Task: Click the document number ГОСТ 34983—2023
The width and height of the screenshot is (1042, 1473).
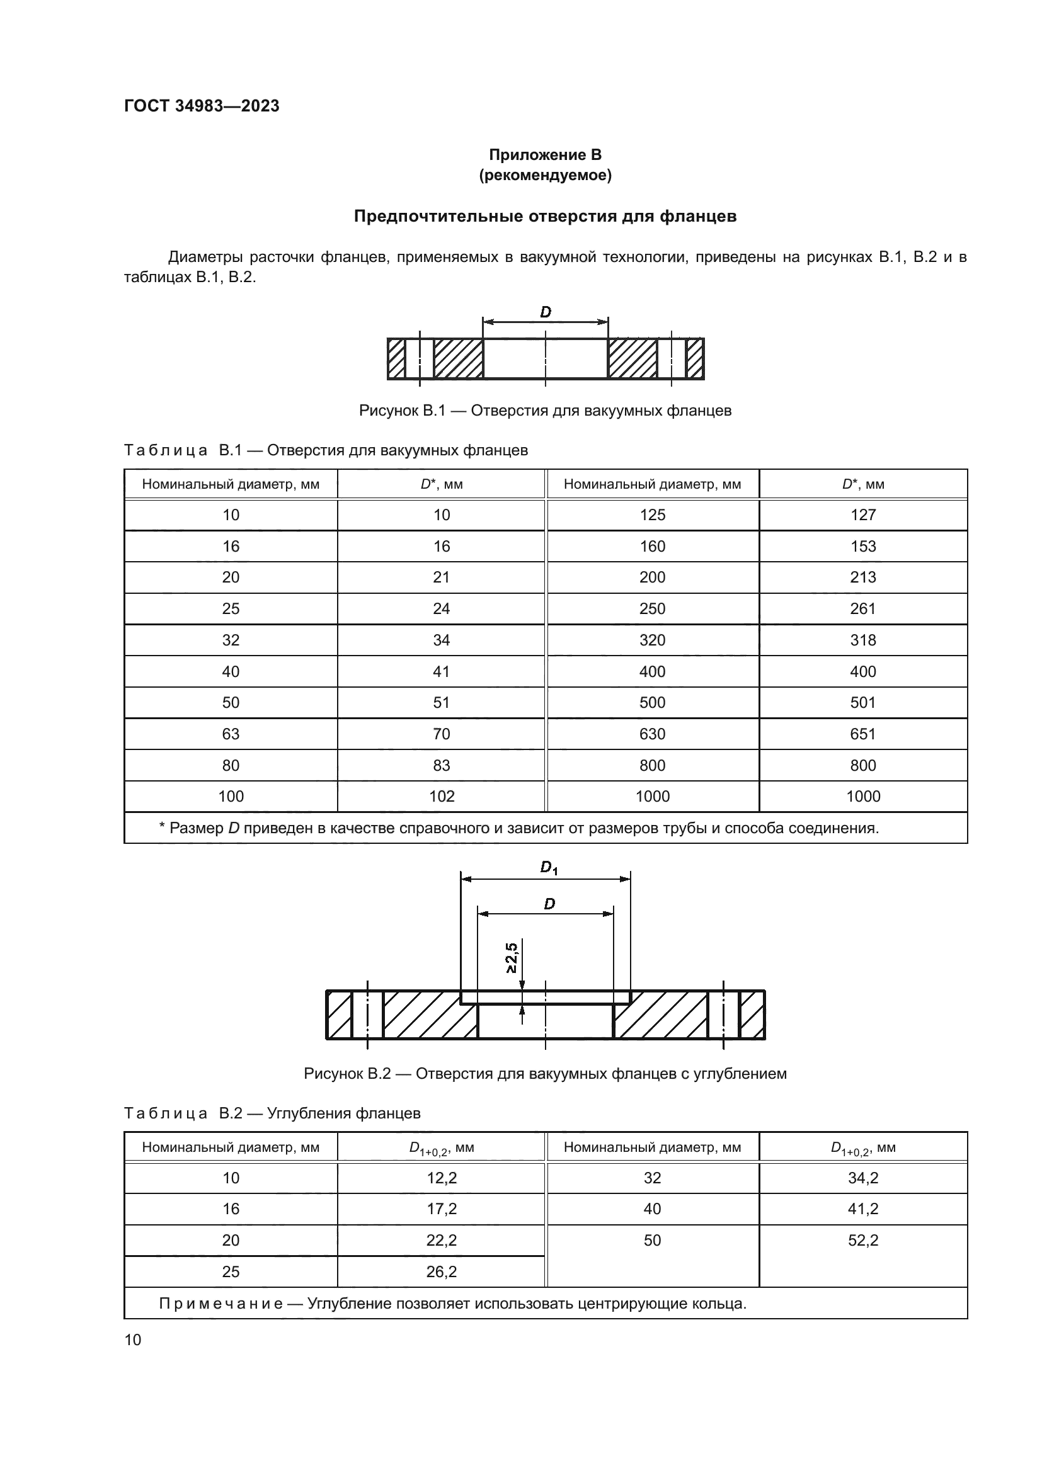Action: (202, 106)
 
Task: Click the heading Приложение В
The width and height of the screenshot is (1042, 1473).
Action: (545, 155)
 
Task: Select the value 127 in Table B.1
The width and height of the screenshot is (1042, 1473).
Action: (862, 515)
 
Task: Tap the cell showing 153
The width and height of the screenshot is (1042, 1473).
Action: (862, 547)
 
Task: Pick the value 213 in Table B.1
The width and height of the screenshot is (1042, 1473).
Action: (862, 577)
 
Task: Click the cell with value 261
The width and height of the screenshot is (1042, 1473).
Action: (862, 609)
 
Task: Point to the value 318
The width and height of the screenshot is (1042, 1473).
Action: (862, 640)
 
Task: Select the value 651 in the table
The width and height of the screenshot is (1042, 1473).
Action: (862, 734)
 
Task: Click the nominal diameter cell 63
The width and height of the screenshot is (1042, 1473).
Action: (231, 734)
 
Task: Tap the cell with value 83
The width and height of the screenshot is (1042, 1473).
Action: (442, 765)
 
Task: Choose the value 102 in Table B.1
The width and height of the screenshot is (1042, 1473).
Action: (442, 797)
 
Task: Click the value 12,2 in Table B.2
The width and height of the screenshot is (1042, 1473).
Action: (442, 1178)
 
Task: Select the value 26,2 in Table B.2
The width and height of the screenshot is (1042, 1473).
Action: (442, 1271)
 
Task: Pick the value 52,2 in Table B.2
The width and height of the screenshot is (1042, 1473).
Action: (862, 1240)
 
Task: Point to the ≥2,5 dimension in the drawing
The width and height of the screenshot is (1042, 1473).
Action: (512, 957)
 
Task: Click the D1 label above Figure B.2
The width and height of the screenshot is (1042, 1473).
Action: (549, 868)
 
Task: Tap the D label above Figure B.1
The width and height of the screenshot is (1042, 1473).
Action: (546, 312)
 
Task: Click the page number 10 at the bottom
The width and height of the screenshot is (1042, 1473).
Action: (133, 1339)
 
